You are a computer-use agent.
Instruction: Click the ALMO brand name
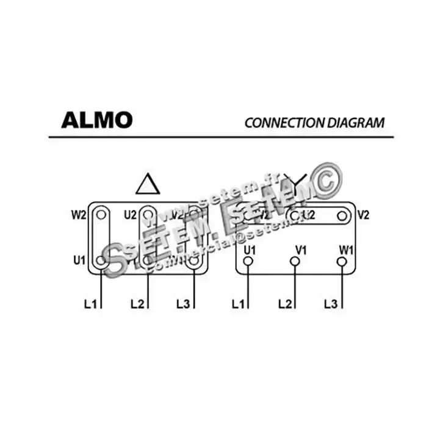pos(96,120)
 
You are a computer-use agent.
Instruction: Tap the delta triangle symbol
pos(148,184)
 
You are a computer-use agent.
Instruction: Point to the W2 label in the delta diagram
pos(79,214)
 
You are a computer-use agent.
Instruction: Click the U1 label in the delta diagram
pos(79,261)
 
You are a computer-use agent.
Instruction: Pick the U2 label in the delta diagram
pos(130,214)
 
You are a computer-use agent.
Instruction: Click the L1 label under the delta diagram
pos(90,303)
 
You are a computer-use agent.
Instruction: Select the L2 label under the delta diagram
pos(137,303)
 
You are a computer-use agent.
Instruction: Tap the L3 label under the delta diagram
pos(183,303)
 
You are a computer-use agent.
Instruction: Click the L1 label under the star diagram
pos(239,303)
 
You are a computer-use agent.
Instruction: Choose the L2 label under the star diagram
pos(285,303)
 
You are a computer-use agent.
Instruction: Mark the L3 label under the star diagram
pos(331,303)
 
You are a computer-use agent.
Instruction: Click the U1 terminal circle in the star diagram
pos(248,261)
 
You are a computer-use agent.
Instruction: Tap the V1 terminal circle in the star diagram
pos(295,261)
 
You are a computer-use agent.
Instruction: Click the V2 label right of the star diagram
pos(364,214)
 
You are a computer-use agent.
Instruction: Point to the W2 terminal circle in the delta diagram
pos(101,214)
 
